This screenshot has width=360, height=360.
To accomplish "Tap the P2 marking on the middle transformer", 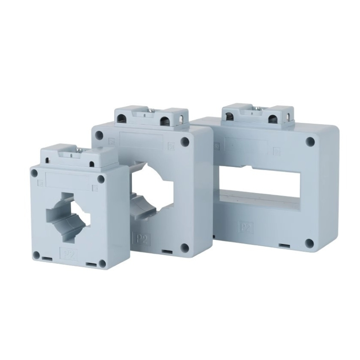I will point(141,238).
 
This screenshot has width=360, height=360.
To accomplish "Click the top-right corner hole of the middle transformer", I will point(185,141).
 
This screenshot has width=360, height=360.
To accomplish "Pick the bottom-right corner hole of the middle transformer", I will point(184,246).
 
